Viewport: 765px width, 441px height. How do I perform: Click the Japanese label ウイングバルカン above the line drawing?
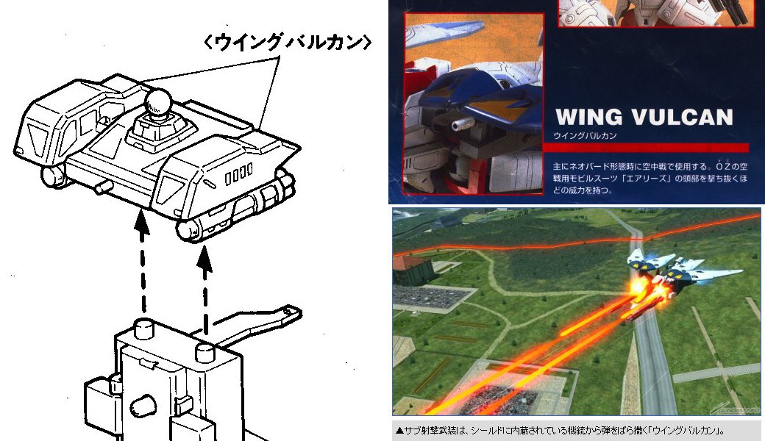pyautogui.click(x=287, y=42)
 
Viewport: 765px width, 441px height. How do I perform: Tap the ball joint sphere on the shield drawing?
pyautogui.click(x=157, y=101)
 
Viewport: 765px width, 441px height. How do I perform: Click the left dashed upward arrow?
pyautogui.click(x=142, y=262)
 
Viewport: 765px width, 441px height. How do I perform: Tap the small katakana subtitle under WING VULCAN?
pyautogui.click(x=585, y=136)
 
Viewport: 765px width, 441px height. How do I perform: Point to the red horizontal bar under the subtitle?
pyautogui.click(x=646, y=147)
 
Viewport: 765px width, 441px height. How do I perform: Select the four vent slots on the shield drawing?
pyautogui.click(x=238, y=174)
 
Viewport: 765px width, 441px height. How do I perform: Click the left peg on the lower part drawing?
pyautogui.click(x=143, y=329)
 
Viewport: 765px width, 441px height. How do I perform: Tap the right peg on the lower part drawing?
pyautogui.click(x=205, y=352)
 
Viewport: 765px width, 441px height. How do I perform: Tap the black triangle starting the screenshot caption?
pyautogui.click(x=399, y=431)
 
